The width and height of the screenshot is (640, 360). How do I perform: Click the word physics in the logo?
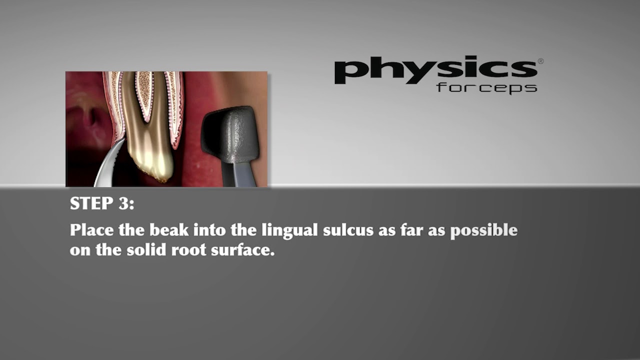435,71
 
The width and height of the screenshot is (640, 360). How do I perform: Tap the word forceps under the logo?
486,88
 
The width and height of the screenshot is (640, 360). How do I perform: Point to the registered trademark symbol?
540,61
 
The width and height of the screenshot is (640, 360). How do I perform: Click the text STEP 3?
102,203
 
